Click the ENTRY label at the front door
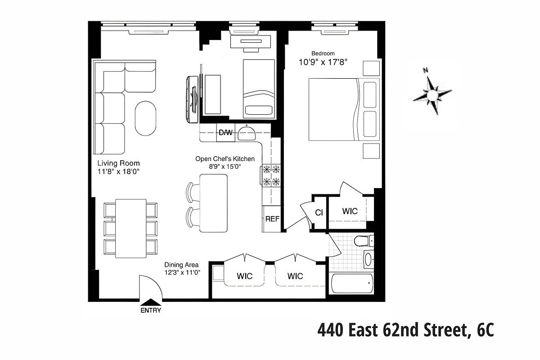[150, 310]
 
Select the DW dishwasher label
[225, 133]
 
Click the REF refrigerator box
[272, 219]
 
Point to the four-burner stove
[271, 175]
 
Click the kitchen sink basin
[246, 134]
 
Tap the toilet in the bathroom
[364, 241]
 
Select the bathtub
[352, 283]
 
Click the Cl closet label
[319, 212]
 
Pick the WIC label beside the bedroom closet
[350, 211]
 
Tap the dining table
[130, 228]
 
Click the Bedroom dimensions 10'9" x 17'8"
[323, 62]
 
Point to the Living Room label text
[118, 163]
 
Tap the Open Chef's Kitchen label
[225, 159]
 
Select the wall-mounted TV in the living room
[193, 99]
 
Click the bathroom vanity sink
[368, 259]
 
